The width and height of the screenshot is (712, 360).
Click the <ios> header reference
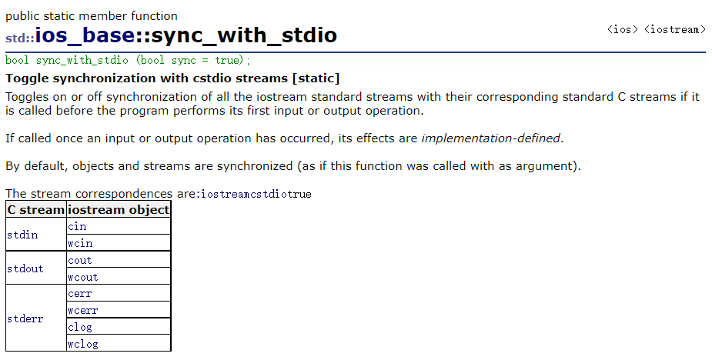621,30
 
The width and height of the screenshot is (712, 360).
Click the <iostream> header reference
675,30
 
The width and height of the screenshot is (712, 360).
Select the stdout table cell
25,268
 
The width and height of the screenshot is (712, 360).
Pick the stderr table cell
25,318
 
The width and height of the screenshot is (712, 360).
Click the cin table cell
77,226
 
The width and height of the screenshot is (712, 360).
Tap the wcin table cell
80,243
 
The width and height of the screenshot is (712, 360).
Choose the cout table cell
80,260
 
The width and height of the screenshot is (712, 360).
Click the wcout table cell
83,277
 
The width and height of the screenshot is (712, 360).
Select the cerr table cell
80,293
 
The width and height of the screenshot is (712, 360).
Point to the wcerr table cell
83,310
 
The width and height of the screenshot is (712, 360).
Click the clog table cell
80,327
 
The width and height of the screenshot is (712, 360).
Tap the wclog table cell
83,344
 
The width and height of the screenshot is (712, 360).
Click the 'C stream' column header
35,209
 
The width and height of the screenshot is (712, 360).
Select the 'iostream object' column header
119,209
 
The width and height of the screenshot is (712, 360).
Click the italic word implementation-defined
491,138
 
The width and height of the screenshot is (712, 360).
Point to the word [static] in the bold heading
316,78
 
